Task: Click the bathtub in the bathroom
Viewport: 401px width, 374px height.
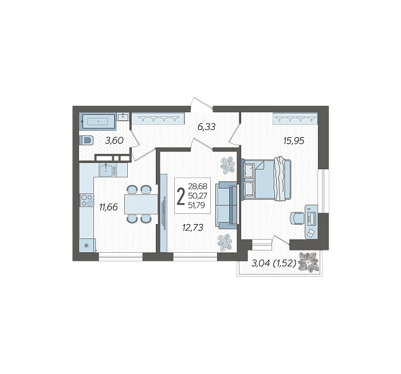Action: pos(99,121)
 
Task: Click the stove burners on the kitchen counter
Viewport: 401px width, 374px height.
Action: pos(87,200)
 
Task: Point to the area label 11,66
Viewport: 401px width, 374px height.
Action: pos(108,207)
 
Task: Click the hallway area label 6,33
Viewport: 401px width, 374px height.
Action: pos(207,126)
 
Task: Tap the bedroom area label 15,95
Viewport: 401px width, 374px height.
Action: pos(294,141)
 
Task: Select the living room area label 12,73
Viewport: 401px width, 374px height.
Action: pos(193,227)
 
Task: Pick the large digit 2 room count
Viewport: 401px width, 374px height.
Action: pos(181,196)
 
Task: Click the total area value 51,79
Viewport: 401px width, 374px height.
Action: pos(196,205)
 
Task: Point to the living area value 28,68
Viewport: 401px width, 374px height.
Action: pos(198,186)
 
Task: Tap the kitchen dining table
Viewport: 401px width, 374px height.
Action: pos(141,204)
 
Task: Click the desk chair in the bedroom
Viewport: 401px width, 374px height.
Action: pos(297,218)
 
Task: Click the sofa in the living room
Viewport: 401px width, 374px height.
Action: pos(226,205)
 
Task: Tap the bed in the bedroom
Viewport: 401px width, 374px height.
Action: pos(266,178)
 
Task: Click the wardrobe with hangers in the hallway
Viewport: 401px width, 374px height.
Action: pos(158,118)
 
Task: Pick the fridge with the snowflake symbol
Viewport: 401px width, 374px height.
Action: pos(87,245)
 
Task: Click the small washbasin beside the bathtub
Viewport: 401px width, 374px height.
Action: pos(123,117)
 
